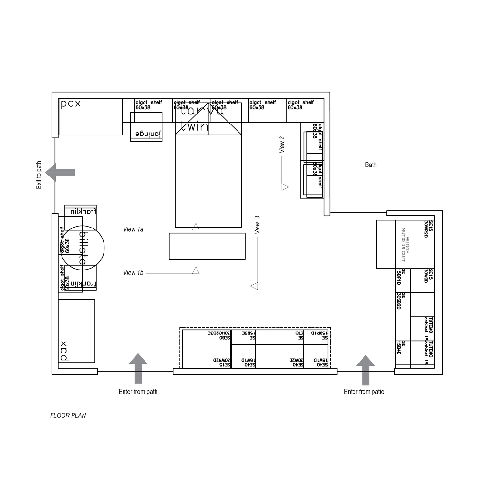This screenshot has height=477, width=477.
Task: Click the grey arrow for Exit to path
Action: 61,172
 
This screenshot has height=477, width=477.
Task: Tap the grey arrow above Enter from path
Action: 138,367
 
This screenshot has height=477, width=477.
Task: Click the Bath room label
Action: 371,166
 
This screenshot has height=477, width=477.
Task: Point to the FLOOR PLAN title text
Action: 68,415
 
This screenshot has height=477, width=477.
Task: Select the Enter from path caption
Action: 138,392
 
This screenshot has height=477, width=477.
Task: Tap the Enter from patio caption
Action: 365,392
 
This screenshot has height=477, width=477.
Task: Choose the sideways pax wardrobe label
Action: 63,352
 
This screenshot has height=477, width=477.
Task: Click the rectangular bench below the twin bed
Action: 207,246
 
